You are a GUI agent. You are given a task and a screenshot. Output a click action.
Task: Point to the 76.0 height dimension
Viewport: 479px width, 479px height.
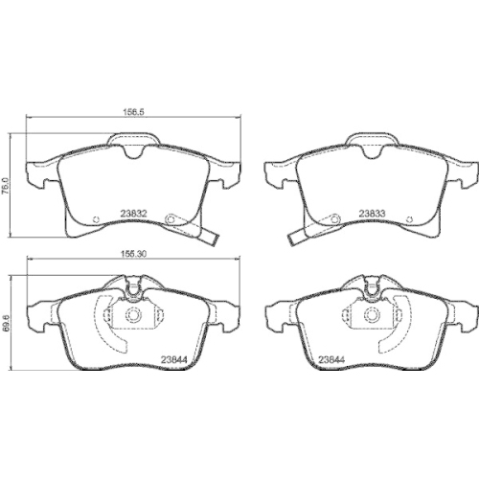[5, 181]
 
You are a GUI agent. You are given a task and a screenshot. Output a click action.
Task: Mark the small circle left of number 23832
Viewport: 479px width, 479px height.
[100, 217]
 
